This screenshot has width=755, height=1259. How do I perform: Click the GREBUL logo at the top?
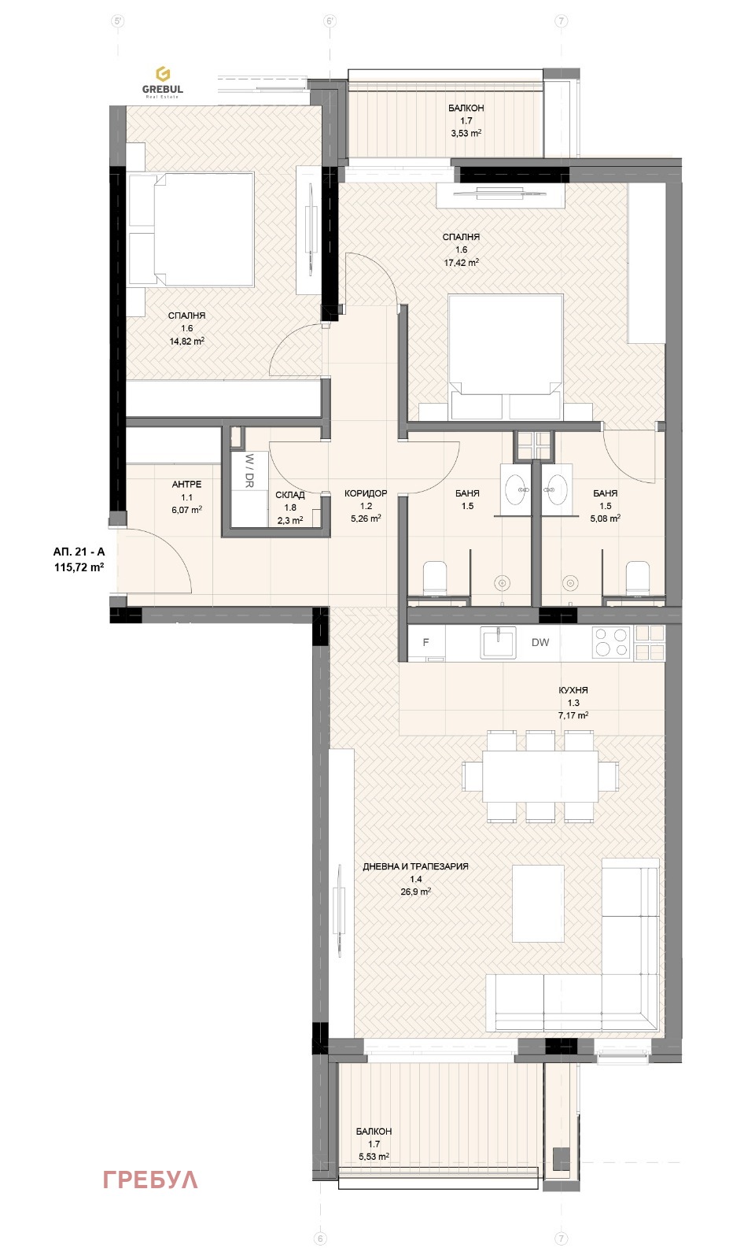(x=162, y=82)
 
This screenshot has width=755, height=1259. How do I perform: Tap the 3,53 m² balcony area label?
(x=466, y=133)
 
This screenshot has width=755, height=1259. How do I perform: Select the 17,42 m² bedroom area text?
(x=461, y=263)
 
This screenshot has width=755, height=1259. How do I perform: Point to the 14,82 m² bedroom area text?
(x=186, y=342)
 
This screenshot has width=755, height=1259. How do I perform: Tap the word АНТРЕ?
(x=186, y=484)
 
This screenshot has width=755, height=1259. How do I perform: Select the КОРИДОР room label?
(x=366, y=493)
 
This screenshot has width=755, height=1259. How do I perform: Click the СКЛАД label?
(x=290, y=495)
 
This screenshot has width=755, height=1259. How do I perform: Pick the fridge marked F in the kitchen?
(x=425, y=642)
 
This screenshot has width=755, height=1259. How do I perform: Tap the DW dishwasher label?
(x=540, y=642)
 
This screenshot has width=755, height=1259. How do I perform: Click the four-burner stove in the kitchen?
(x=612, y=642)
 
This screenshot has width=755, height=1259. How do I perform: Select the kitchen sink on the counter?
(x=499, y=642)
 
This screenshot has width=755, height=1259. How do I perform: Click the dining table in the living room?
(x=540, y=777)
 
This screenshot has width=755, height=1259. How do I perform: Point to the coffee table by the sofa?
(x=538, y=904)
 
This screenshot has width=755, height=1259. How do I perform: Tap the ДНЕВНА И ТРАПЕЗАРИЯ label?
(x=416, y=866)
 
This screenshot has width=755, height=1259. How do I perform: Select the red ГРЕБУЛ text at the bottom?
(x=150, y=1180)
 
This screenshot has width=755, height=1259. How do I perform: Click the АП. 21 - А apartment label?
(x=79, y=552)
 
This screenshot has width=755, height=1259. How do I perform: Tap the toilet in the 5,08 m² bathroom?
(x=637, y=578)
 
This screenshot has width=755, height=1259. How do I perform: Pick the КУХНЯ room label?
(x=573, y=690)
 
